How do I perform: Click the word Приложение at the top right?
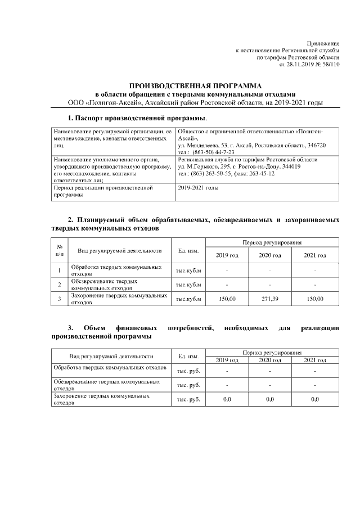click(323, 43)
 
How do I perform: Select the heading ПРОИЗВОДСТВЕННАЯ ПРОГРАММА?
click(193, 85)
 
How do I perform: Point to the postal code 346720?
click(316, 145)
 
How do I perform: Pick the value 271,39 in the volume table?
click(270, 299)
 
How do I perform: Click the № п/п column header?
click(59, 250)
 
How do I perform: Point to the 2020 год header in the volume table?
click(270, 255)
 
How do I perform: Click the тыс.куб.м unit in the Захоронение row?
click(188, 299)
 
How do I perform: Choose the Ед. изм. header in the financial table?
click(188, 356)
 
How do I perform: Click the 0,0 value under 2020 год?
click(270, 399)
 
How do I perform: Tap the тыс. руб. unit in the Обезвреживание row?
click(188, 385)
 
